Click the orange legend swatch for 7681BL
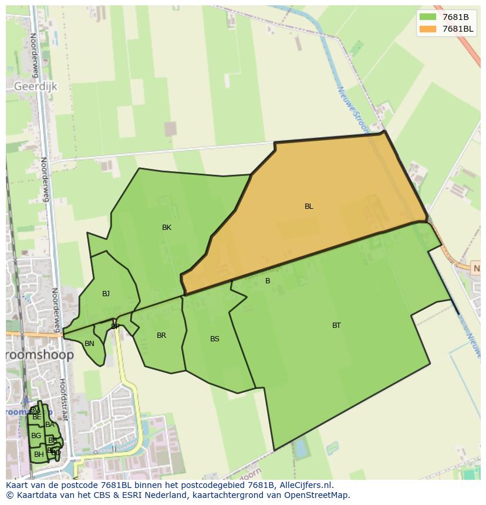coord(428,29)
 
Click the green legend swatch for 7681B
coord(428,16)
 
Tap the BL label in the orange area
coord(309,206)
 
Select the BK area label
coord(167,228)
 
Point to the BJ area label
coord(106,294)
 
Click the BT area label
coord(336,326)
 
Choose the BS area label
coord(215,339)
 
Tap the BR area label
coord(161,335)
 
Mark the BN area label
coord(89,344)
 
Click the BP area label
coord(115,327)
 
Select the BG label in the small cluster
coord(36,436)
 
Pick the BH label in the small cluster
coord(39,455)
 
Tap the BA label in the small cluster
coord(50,425)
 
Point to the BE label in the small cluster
coord(37,417)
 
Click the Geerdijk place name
coord(36,86)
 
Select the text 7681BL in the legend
coord(458,29)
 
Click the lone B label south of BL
coord(268,281)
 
